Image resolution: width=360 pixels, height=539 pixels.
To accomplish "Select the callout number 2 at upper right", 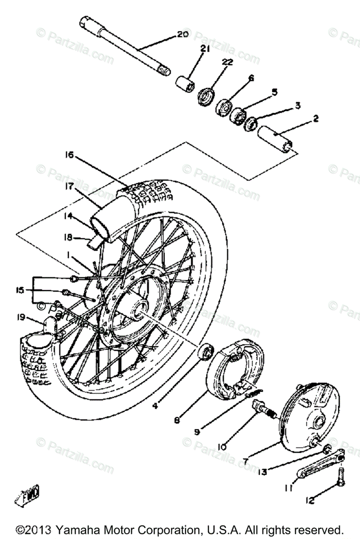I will (316, 119).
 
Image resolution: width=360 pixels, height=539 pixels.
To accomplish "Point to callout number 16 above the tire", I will (68, 155).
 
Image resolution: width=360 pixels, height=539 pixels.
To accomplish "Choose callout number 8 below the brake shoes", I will (178, 420).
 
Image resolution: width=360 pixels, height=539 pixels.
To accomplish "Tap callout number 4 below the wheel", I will (155, 406).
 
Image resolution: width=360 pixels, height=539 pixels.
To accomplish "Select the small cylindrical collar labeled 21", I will (185, 84).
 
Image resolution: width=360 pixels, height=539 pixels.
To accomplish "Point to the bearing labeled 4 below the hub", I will (208, 350).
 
